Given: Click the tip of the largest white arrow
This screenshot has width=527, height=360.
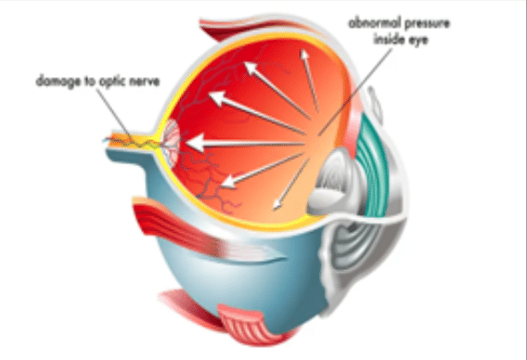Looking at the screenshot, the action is tap(191, 143).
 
